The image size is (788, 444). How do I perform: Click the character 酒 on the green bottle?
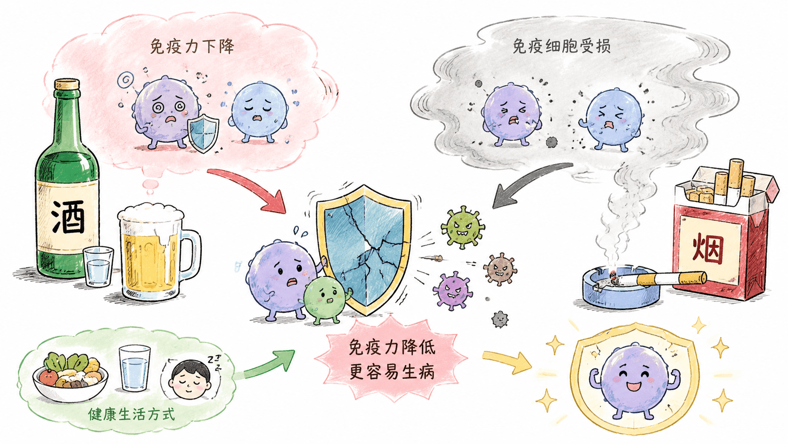68,217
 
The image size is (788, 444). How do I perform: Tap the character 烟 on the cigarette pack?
708,249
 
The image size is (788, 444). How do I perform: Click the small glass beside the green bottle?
98,266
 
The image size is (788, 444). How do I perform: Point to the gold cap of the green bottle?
67,84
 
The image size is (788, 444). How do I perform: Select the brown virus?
500,269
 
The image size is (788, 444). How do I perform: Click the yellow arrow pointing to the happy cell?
507,360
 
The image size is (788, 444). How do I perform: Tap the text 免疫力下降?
192,47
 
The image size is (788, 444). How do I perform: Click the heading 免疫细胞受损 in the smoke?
561,47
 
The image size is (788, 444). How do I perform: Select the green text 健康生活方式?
131,414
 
